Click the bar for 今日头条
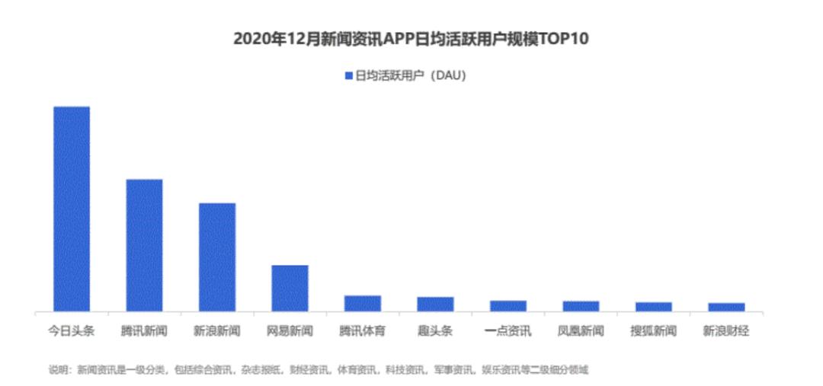point(72,209)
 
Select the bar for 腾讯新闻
point(144,245)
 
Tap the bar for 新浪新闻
point(216,257)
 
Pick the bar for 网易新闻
point(290,289)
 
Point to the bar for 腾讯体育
point(363,304)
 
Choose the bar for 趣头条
point(435,305)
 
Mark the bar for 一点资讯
point(508,306)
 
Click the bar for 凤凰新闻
point(581,306)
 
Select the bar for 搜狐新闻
point(654,307)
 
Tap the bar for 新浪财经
point(726,308)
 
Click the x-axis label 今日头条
point(72,331)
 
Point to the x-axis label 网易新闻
point(290,331)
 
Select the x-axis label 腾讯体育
point(363,331)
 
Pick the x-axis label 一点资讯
point(508,331)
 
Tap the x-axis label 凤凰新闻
point(581,331)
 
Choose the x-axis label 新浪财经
point(726,331)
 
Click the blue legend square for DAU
point(349,76)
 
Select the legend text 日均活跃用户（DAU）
point(411,76)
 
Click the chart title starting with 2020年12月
point(411,40)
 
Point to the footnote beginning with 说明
point(319,370)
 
